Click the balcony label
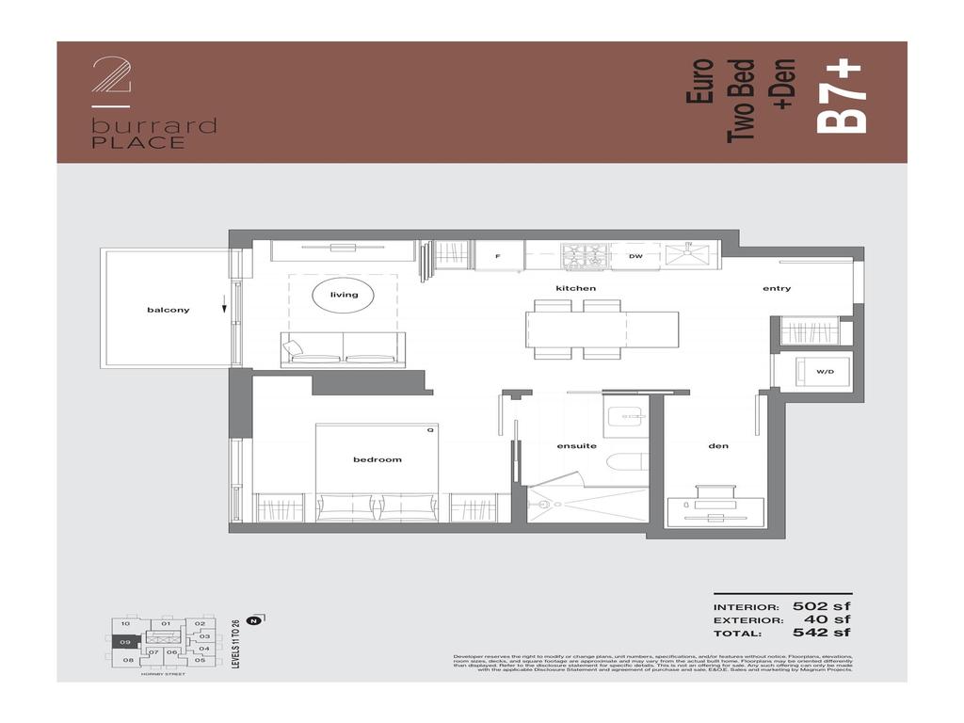[168, 310]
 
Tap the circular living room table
[344, 296]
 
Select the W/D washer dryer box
[825, 372]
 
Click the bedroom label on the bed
[377, 459]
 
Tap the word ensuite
[576, 446]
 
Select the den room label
[718, 446]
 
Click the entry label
[777, 288]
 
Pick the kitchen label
[575, 288]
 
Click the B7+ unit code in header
[841, 97]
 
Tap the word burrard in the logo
[153, 126]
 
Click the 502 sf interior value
[821, 606]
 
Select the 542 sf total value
[821, 633]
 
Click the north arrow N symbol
[253, 620]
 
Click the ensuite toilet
[626, 462]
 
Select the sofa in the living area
[343, 349]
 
